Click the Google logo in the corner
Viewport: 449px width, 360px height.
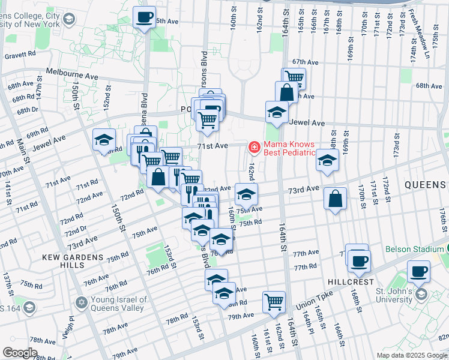(20, 353)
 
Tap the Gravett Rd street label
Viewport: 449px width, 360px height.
(20, 55)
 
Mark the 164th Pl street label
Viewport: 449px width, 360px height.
(307, 323)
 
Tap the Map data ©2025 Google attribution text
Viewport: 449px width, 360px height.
(411, 355)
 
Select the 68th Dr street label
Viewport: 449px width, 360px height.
(28, 110)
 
